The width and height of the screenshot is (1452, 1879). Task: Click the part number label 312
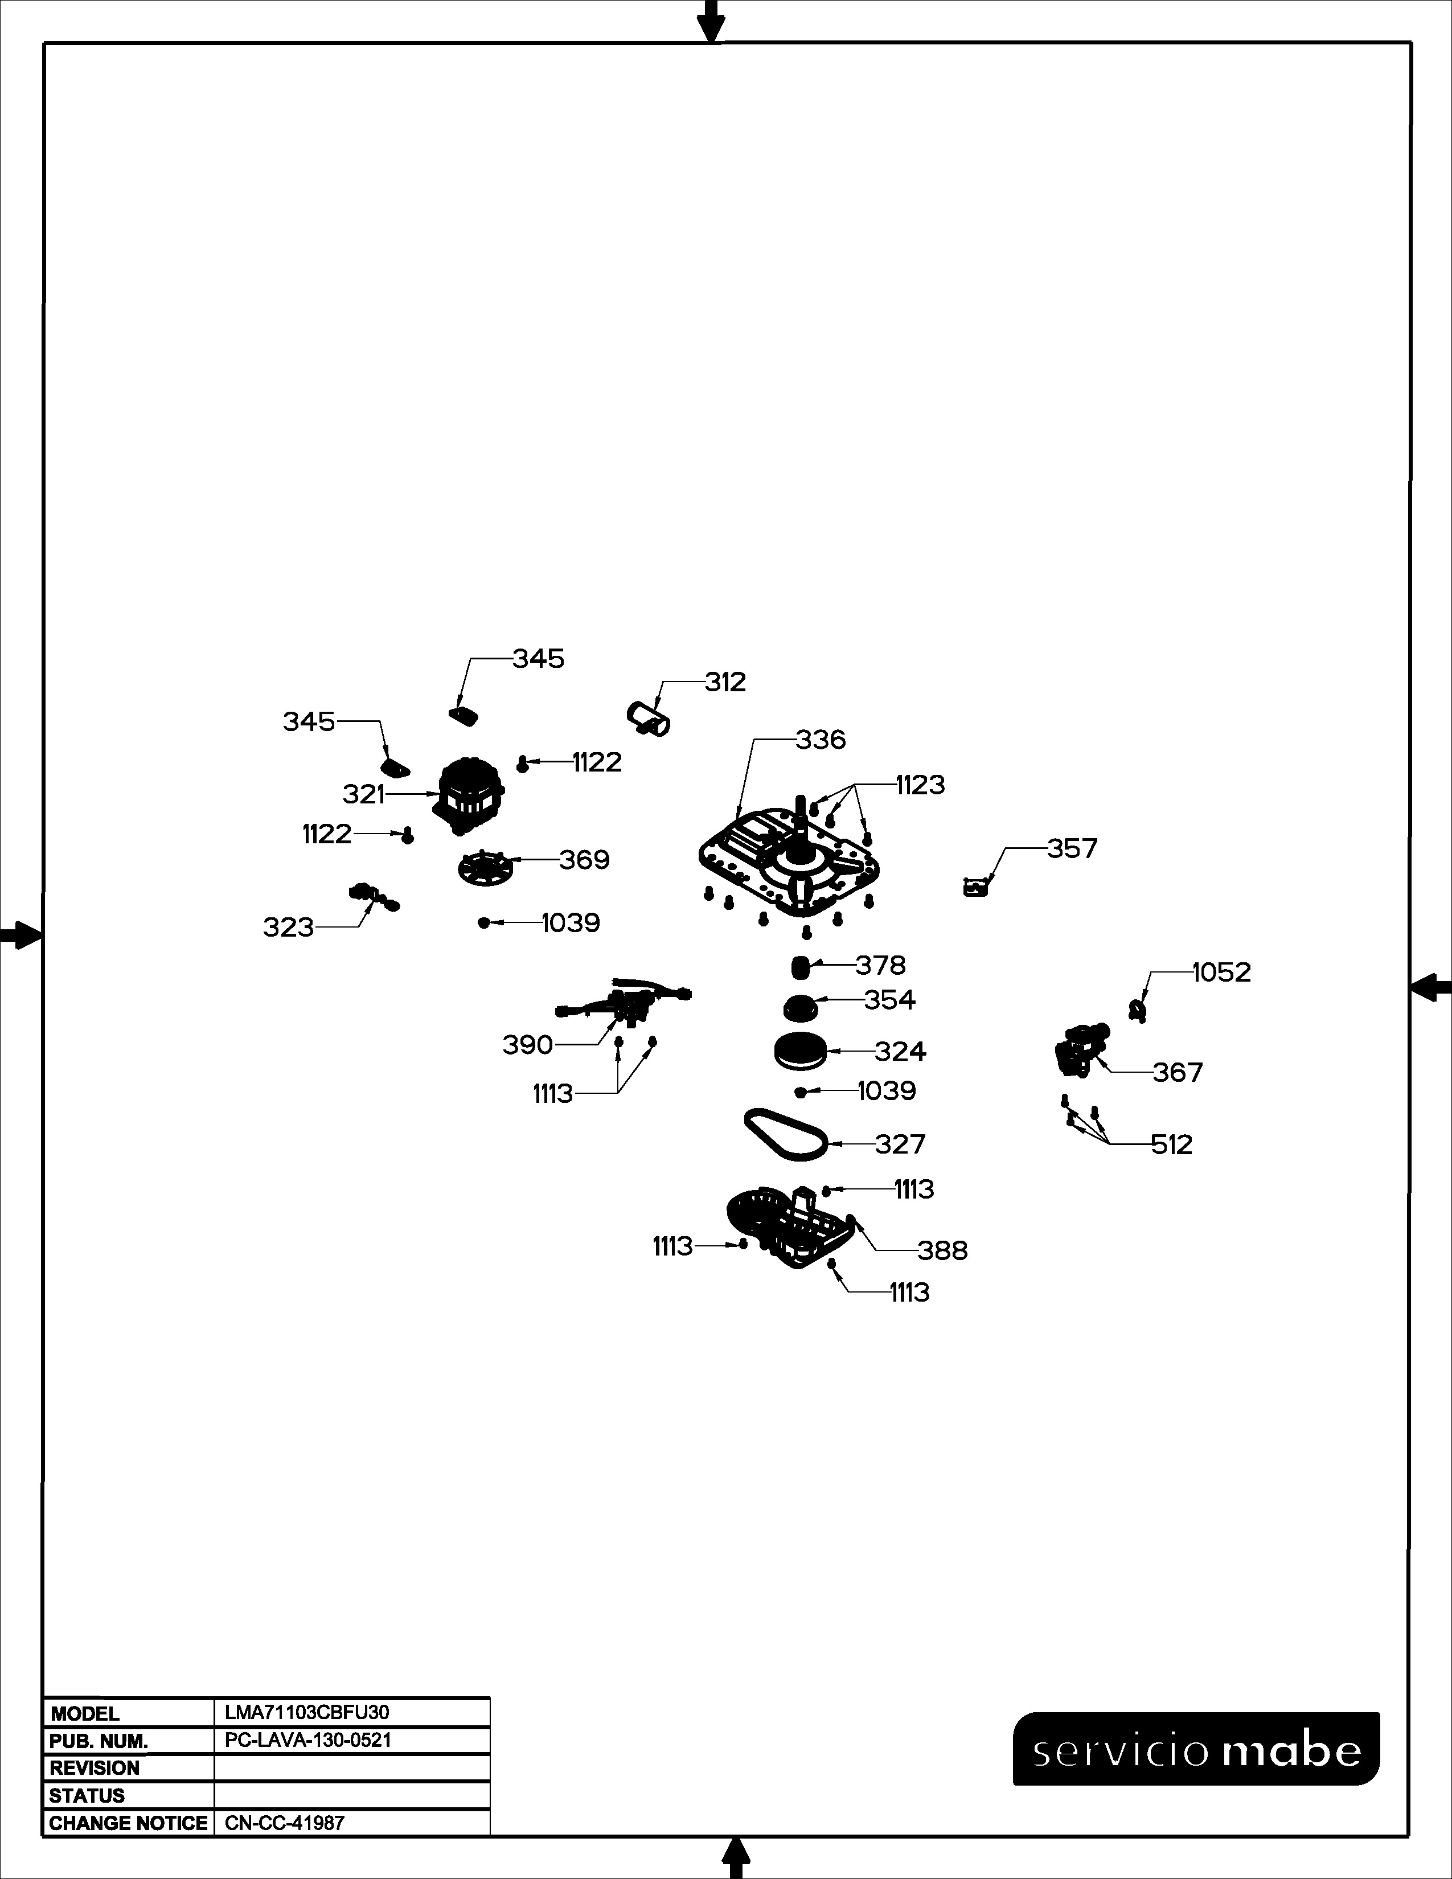725,682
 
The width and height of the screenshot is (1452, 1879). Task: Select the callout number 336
821,740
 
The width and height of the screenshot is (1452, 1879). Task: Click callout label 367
1178,1073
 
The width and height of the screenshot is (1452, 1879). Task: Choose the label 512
1172,1145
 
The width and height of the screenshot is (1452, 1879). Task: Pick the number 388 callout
943,1251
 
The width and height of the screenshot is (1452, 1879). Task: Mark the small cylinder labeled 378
801,966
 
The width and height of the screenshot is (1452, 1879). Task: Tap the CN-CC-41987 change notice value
284,1823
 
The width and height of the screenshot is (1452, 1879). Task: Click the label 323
288,928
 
